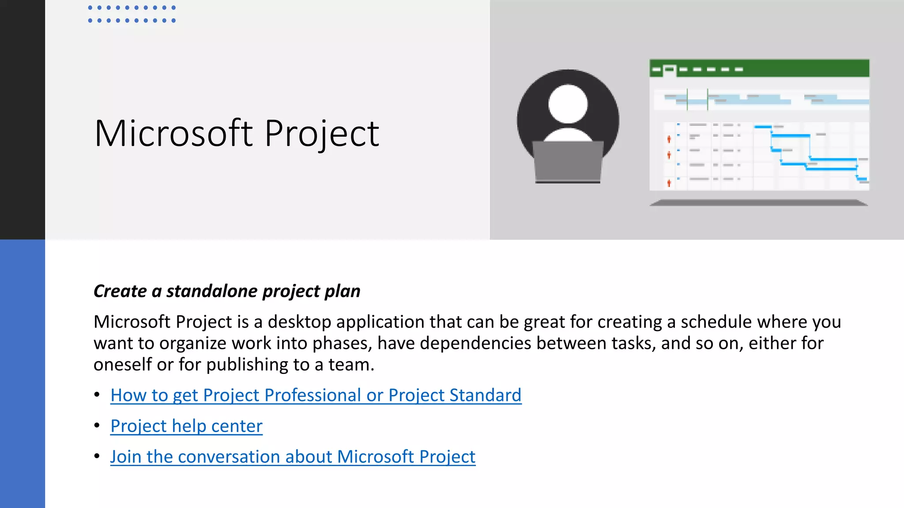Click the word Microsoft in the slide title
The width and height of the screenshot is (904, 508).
173,133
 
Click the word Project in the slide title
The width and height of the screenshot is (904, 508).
322,134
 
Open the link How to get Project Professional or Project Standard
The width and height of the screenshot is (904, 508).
316,395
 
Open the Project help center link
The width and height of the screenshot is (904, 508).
186,426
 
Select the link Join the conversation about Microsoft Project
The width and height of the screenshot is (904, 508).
293,457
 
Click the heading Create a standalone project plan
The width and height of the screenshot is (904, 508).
227,291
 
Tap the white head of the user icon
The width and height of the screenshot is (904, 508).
568,104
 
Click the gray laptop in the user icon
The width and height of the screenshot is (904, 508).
568,161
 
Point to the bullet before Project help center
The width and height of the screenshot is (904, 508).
97,426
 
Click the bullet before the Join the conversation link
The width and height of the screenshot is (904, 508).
97,456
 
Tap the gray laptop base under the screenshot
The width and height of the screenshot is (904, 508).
759,202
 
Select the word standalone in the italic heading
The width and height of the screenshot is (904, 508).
212,291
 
